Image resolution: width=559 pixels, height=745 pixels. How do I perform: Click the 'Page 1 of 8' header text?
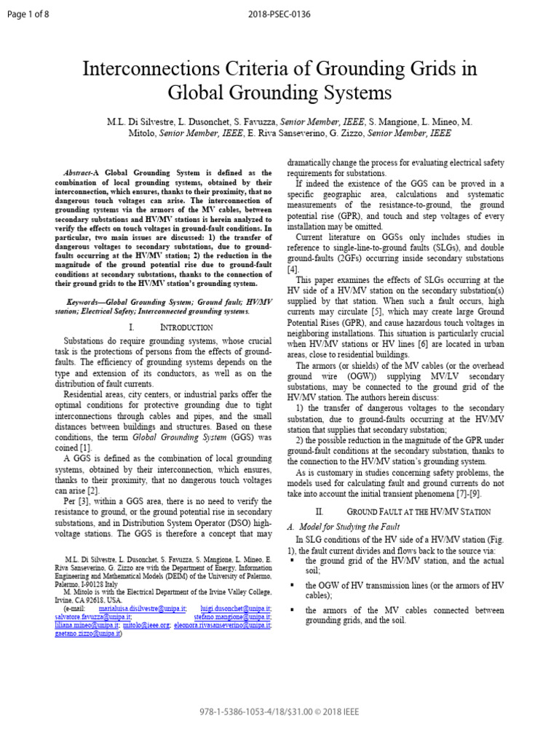tap(25, 9)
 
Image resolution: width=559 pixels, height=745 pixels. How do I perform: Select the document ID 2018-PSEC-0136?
tap(279, 9)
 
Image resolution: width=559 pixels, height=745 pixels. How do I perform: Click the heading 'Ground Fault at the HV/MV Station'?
tap(418, 511)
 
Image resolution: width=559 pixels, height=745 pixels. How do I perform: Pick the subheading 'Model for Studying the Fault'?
tap(353, 527)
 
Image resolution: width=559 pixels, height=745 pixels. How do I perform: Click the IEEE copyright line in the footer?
tap(279, 711)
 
